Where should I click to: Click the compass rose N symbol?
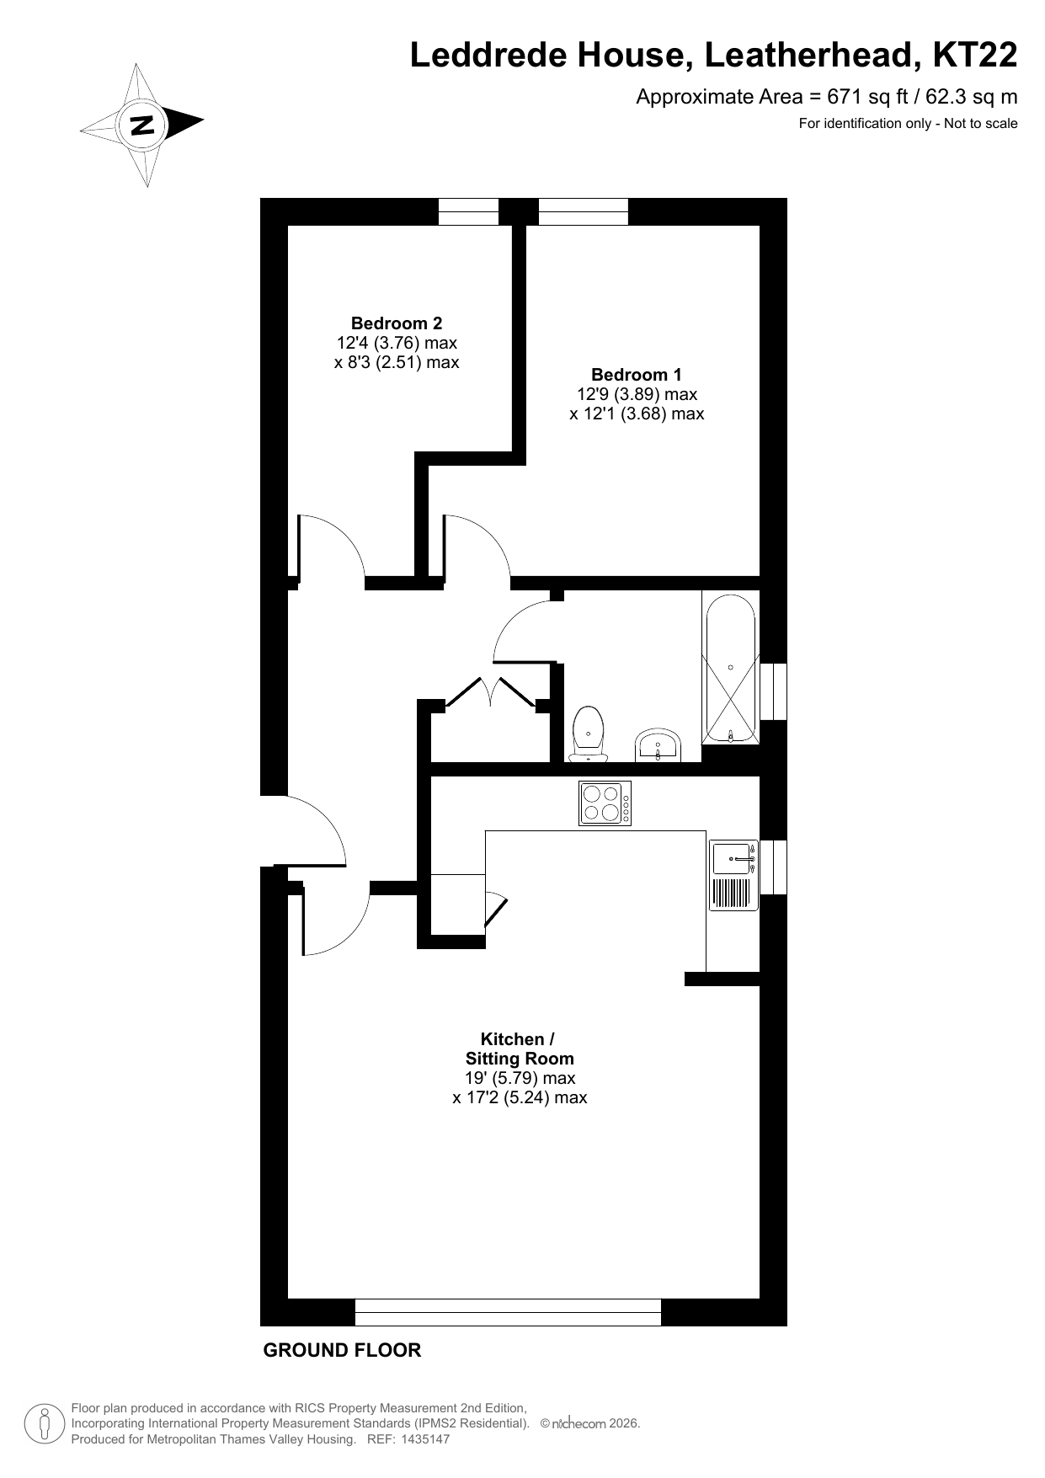(141, 125)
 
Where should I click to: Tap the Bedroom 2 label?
(397, 323)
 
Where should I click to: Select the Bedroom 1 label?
(637, 375)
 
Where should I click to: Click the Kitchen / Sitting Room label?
(519, 1049)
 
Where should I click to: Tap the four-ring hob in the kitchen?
(605, 803)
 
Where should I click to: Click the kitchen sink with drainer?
(733, 875)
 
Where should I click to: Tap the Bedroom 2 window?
(469, 211)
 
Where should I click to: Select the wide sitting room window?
(508, 1312)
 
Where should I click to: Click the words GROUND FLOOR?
(342, 1350)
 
